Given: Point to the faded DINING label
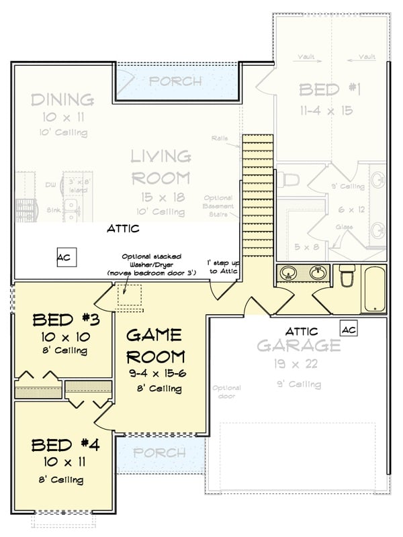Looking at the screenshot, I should (62, 100).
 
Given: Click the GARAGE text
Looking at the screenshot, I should (299, 346).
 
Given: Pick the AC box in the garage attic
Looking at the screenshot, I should (349, 329).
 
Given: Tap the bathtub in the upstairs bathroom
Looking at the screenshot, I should (375, 289).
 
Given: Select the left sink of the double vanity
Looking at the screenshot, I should (289, 273).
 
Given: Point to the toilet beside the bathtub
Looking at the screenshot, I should (347, 277).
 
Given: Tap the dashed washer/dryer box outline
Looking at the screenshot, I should (132, 297).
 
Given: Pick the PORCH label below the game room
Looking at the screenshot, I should (159, 453).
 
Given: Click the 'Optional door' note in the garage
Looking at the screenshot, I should (227, 392).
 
